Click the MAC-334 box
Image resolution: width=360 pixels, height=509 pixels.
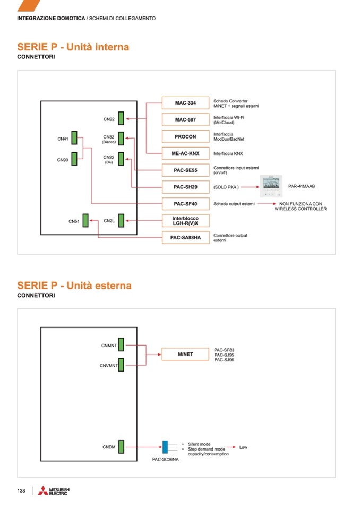tap(185, 103)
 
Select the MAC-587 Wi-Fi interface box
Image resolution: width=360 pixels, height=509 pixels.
tap(185, 119)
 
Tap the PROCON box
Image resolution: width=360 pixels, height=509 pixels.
tap(185, 136)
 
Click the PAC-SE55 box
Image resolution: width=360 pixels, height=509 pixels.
tap(185, 170)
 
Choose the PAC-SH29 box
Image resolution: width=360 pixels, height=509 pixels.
tap(185, 187)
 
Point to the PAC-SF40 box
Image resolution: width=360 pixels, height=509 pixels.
tap(185, 204)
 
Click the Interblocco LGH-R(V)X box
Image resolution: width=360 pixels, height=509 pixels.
tap(185, 221)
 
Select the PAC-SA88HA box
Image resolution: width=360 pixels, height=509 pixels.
tap(185, 237)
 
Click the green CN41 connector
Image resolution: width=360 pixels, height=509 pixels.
tap(74, 139)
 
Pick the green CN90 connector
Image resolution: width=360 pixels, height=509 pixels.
tap(74, 159)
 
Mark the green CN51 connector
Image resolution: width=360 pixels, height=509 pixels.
tap(87, 221)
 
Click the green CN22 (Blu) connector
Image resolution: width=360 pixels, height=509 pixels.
tap(121, 159)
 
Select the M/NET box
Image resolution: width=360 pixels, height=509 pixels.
tap(185, 353)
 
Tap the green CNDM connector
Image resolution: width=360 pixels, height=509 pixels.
tap(121, 447)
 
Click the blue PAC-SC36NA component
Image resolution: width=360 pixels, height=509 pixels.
tap(165, 447)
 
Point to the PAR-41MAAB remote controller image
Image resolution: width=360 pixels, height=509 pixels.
tap(271, 186)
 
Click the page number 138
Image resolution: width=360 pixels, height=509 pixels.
tap(21, 491)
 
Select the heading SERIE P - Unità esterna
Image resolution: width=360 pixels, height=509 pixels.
tap(74, 286)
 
